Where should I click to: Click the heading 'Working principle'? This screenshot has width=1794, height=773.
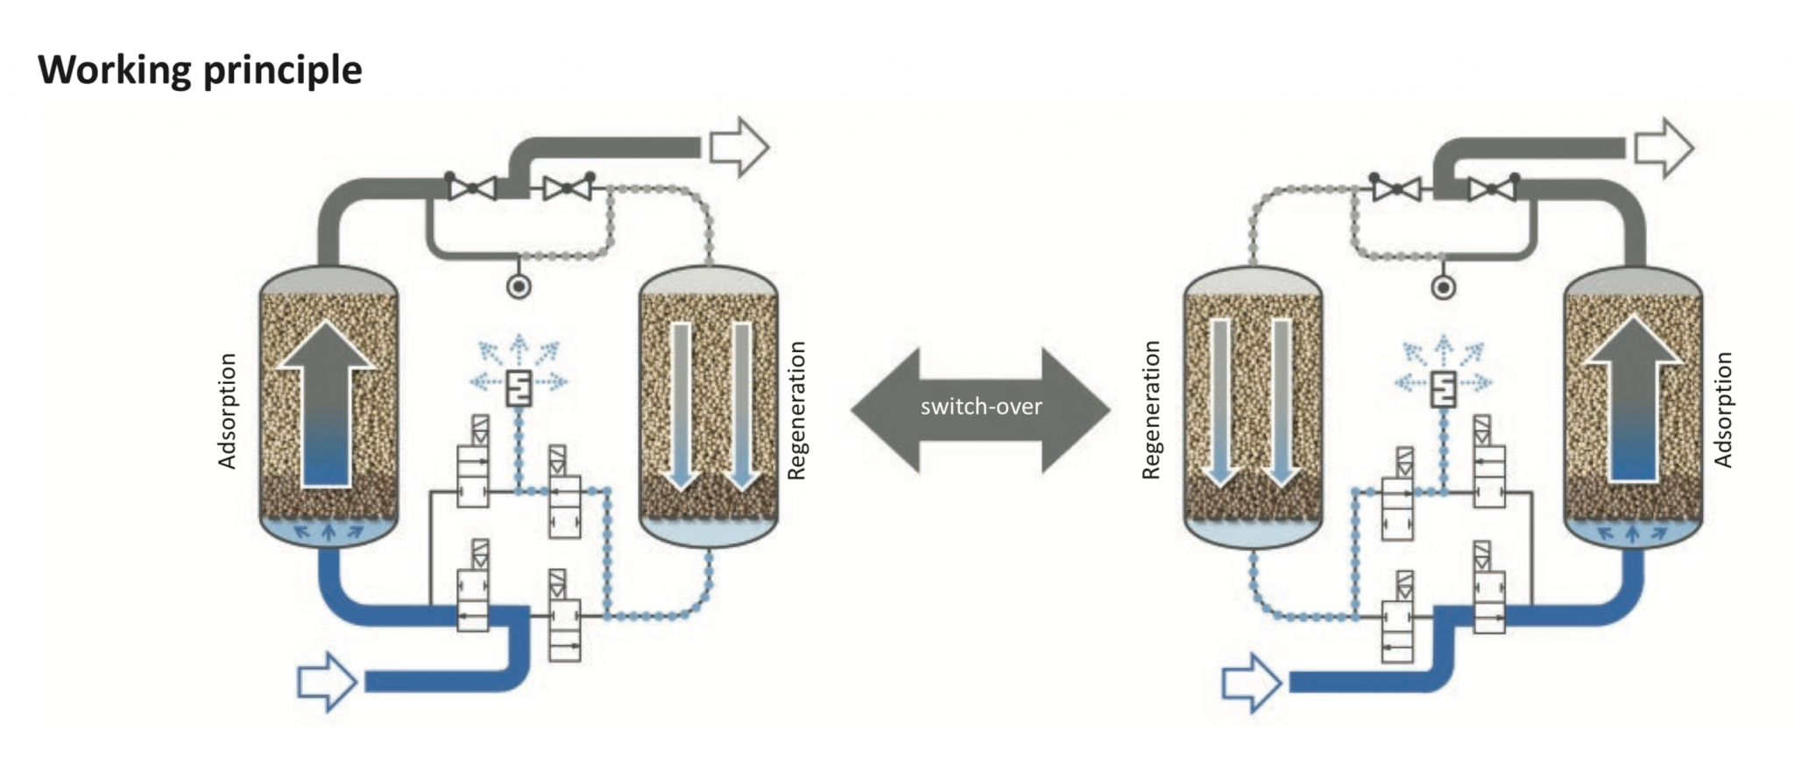[x=200, y=70]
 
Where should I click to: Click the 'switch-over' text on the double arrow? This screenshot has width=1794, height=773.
[x=980, y=407]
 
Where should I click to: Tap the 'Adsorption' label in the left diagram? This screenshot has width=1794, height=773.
[x=228, y=411]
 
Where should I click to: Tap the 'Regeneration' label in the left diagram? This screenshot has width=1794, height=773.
[x=795, y=410]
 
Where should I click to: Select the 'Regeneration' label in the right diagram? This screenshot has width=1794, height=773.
[x=1151, y=410]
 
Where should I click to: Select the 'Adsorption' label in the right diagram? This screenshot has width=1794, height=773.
[x=1722, y=410]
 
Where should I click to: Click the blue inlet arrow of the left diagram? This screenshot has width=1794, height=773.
[x=326, y=681]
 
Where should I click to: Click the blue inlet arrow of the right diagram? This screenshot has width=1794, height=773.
[x=1251, y=682]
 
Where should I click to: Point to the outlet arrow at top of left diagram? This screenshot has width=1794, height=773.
[x=738, y=147]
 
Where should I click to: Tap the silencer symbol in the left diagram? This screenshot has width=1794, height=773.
[x=519, y=388]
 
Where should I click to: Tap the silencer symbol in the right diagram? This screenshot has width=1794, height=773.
[x=1443, y=388]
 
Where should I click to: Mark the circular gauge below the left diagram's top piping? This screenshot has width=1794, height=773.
[x=519, y=286]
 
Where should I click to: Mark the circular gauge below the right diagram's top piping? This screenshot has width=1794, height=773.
[x=1443, y=287]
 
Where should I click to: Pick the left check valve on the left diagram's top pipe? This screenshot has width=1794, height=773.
[x=472, y=188]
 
